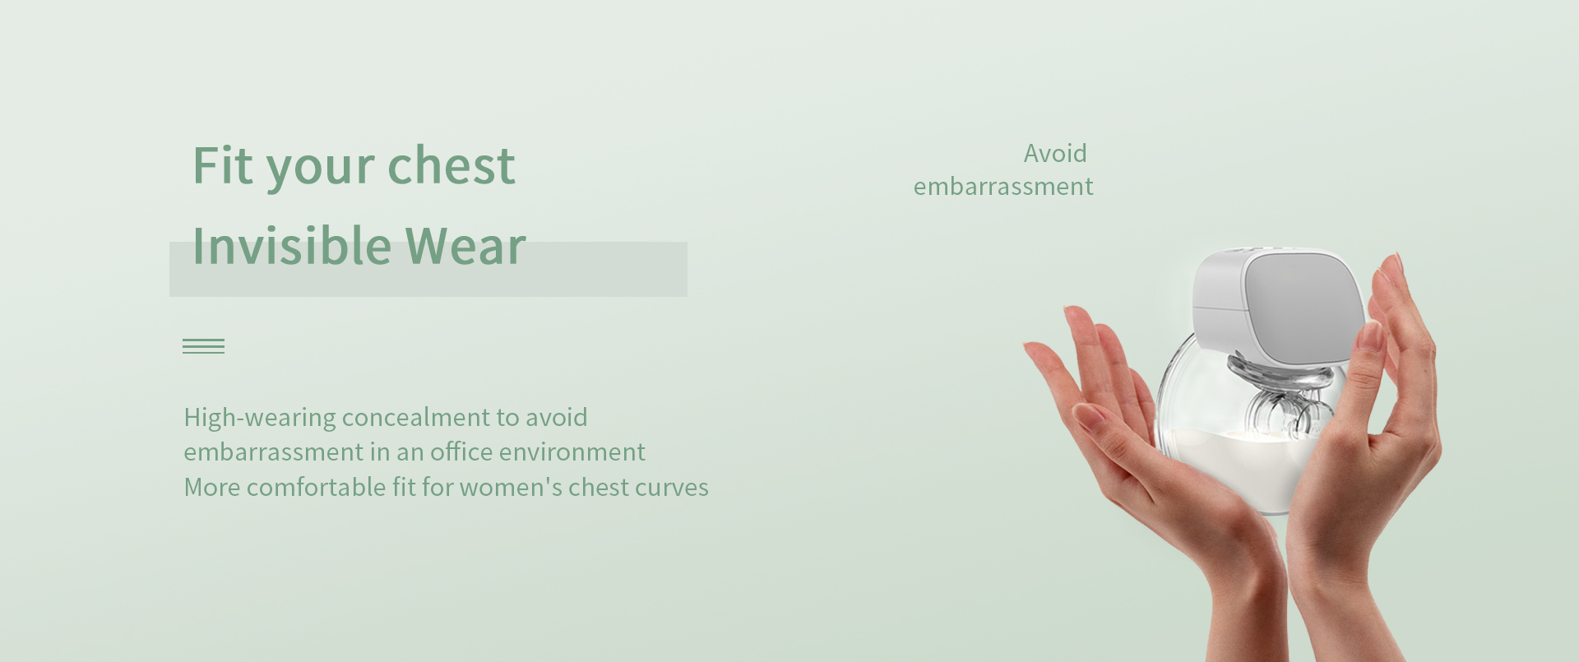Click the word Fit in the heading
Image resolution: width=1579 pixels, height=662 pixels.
(x=222, y=165)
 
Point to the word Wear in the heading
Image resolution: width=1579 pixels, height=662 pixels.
(x=465, y=245)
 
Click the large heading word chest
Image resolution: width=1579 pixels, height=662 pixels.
(x=451, y=165)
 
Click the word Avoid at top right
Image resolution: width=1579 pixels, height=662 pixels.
(x=1055, y=153)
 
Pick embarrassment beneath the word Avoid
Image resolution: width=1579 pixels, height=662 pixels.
(x=1003, y=187)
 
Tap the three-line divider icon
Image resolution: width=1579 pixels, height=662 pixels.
(x=203, y=346)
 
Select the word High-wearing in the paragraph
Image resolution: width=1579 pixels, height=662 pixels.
(x=260, y=419)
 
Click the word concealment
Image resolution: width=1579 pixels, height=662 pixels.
(x=415, y=418)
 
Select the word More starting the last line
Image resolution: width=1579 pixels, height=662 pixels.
(x=212, y=487)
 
